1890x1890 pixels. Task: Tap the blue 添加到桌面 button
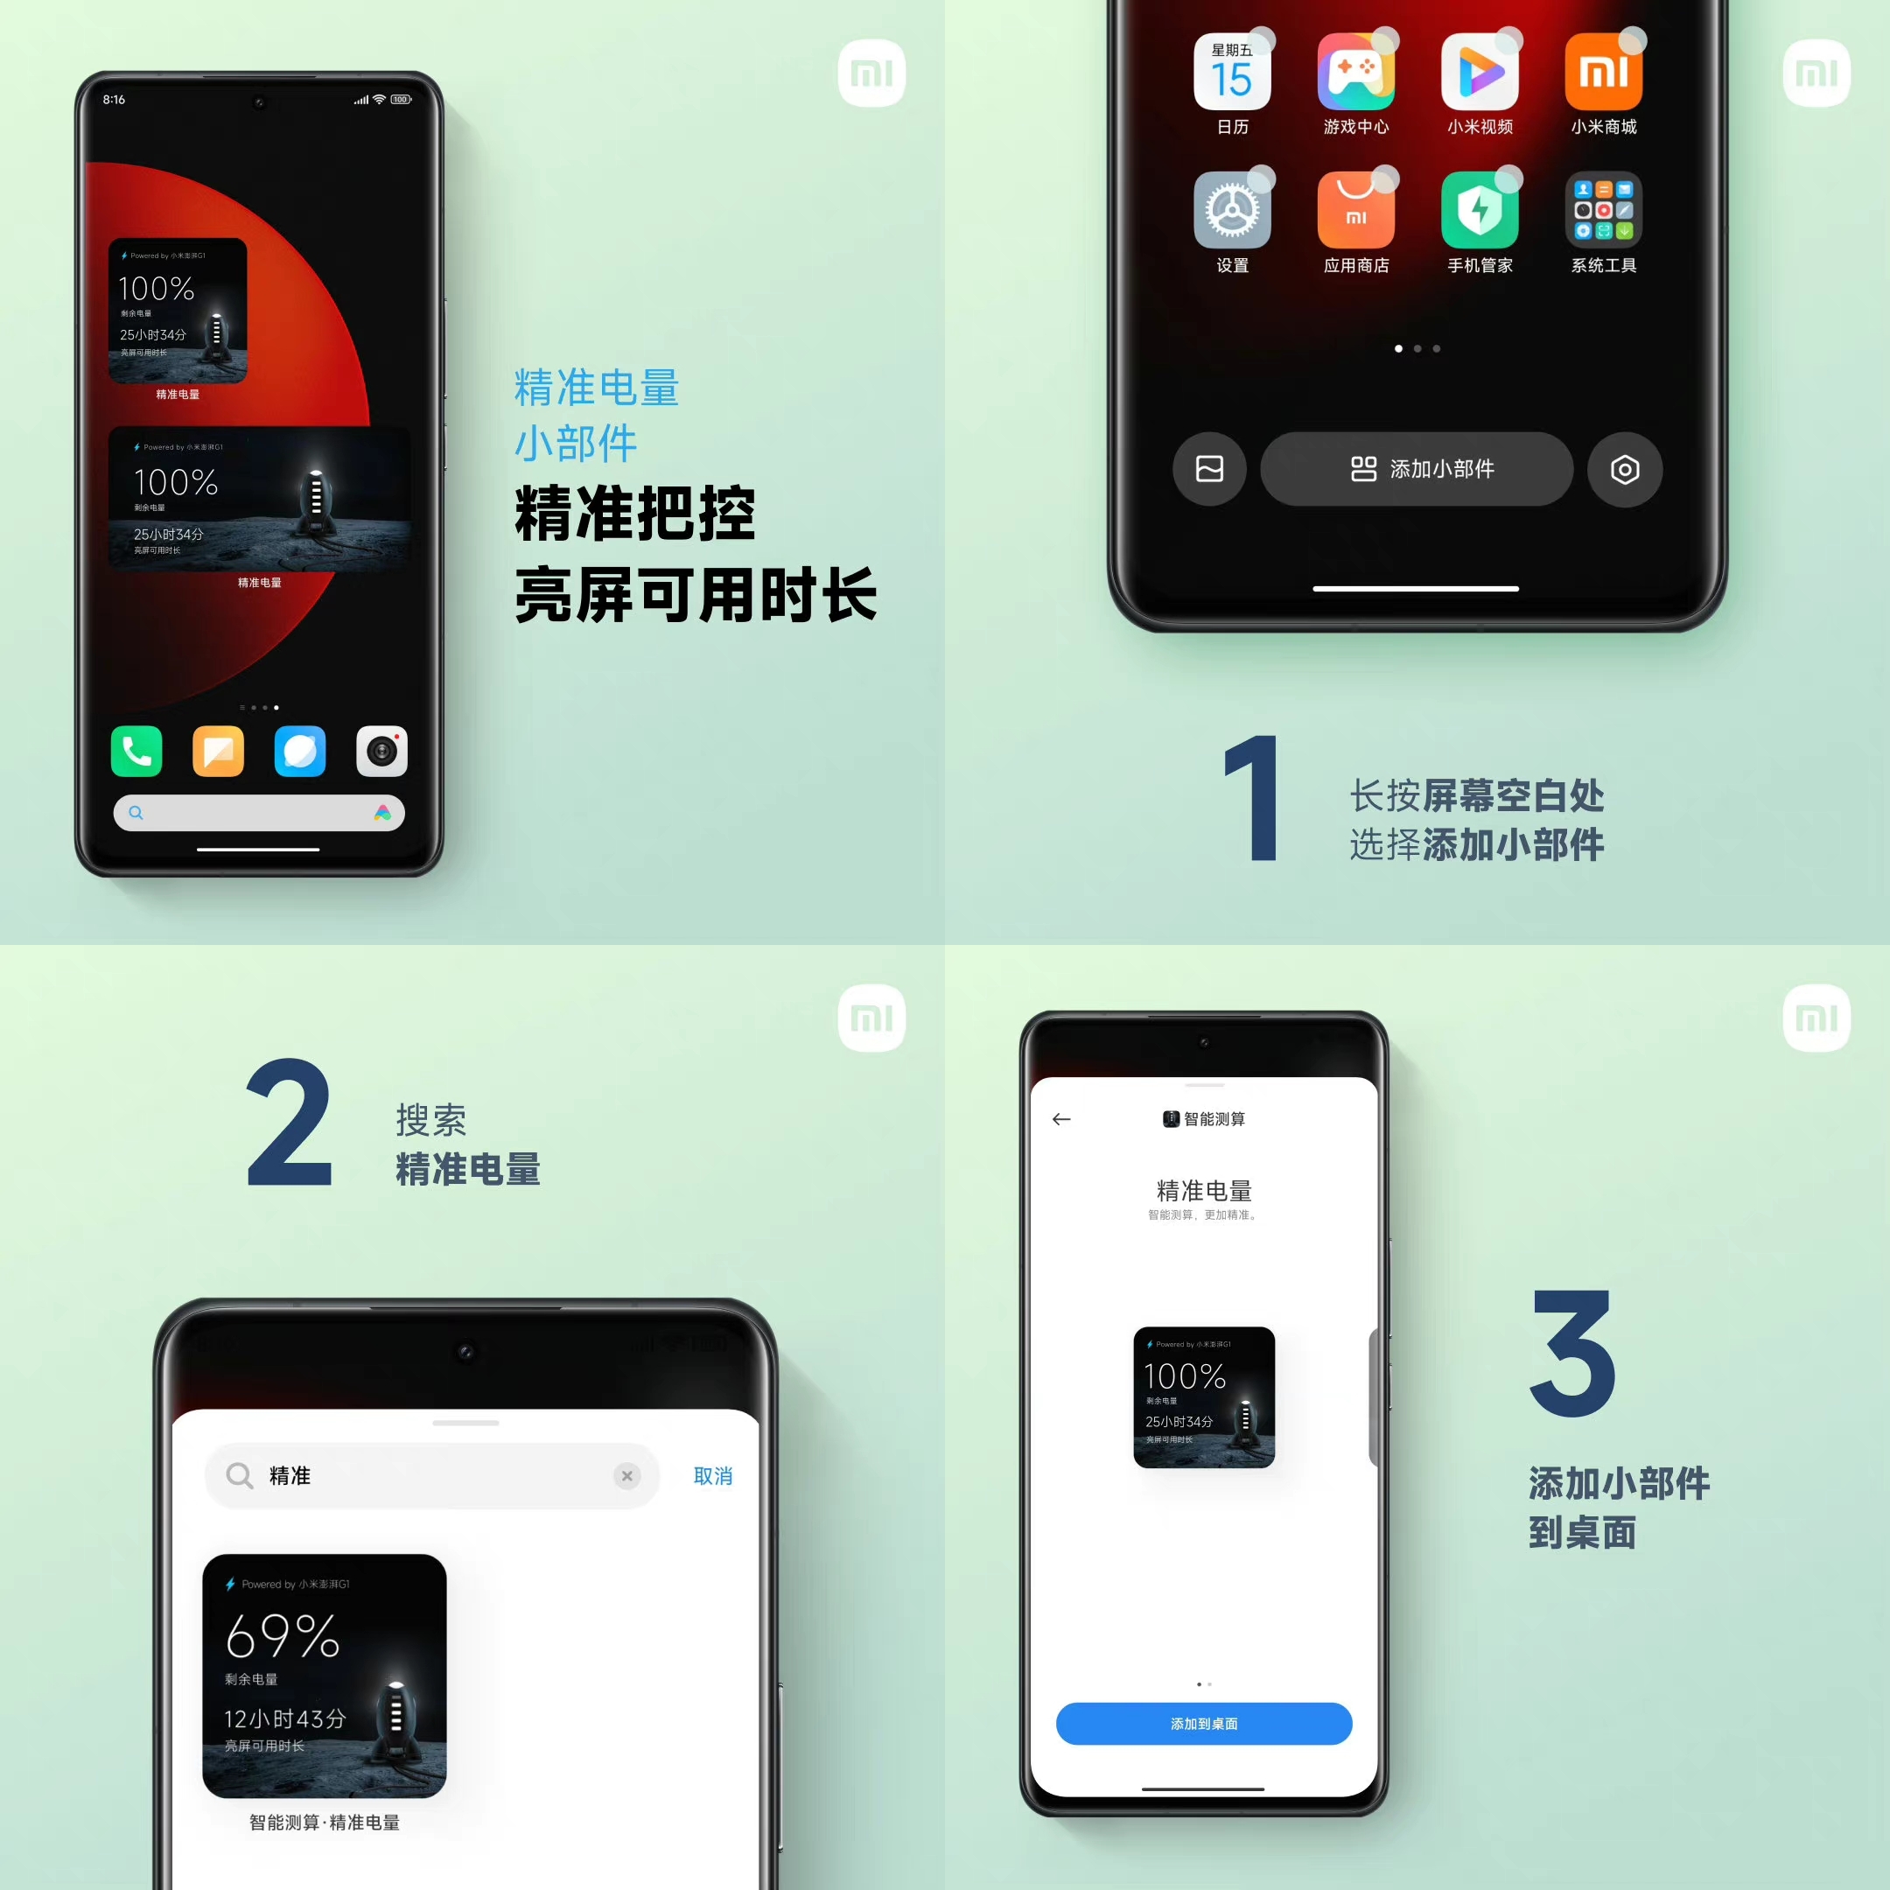click(x=1203, y=1724)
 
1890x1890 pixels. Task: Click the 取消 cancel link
click(x=712, y=1475)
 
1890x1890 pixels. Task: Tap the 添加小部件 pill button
click(x=1416, y=469)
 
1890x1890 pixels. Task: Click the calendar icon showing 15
click(x=1232, y=73)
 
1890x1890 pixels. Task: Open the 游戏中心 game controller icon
click(x=1356, y=73)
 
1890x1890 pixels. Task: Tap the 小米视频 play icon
click(x=1479, y=73)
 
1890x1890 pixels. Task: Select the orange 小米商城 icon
click(x=1603, y=73)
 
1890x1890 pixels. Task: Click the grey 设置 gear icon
click(x=1232, y=210)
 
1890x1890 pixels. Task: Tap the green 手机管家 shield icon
click(x=1479, y=210)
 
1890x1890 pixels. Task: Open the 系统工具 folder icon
click(x=1603, y=210)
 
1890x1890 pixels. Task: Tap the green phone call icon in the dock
click(x=137, y=752)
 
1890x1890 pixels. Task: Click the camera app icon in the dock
click(x=381, y=752)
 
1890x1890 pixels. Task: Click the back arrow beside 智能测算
click(x=1061, y=1119)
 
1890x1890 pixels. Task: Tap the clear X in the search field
click(x=627, y=1475)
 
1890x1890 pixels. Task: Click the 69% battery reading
click(x=282, y=1635)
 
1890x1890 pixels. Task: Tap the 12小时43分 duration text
click(x=284, y=1718)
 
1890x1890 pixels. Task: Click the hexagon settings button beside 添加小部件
click(x=1624, y=470)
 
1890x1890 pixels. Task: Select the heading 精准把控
click(x=635, y=514)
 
